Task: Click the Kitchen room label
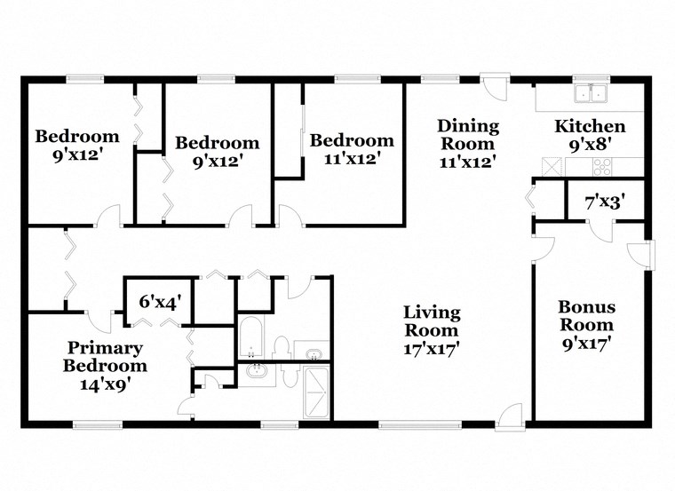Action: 590,126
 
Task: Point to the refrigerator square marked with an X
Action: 552,166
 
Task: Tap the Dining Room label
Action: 467,135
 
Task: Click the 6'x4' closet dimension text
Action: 161,301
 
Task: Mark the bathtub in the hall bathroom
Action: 251,341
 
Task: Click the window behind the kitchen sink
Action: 587,78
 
